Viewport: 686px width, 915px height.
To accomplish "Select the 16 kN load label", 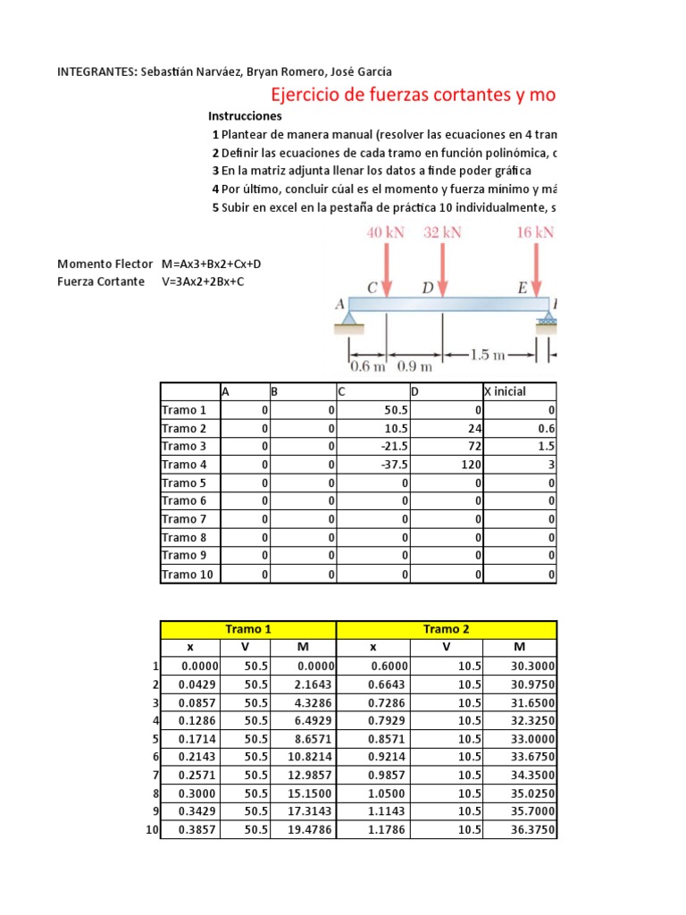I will click(x=535, y=233).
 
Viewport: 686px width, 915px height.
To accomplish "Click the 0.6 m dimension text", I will click(x=367, y=366).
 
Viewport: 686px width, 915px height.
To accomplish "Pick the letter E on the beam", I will click(x=522, y=288).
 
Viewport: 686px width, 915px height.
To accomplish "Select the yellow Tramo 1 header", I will click(x=247, y=629).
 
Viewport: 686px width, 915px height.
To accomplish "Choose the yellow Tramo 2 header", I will click(x=446, y=629).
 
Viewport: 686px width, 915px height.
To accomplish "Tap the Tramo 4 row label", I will click(x=184, y=465).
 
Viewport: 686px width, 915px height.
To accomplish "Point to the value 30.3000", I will click(x=532, y=666).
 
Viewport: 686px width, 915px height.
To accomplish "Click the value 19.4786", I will click(x=312, y=830).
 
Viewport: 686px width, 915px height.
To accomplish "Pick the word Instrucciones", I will click(x=245, y=116).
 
